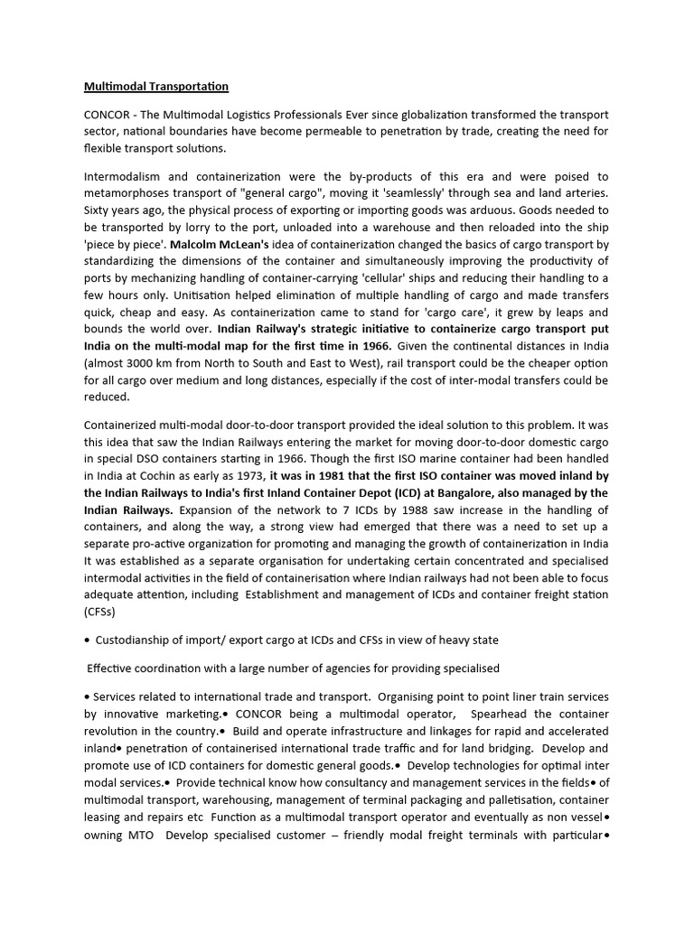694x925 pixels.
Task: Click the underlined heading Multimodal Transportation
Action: pyautogui.click(x=156, y=87)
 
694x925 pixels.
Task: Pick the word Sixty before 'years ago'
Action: pyautogui.click(x=99, y=210)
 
